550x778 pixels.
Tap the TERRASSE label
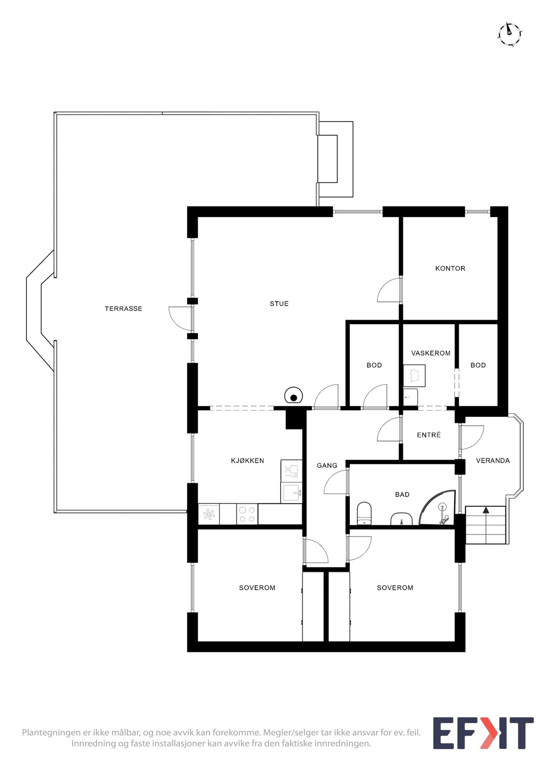pyautogui.click(x=123, y=309)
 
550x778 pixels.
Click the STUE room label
pyautogui.click(x=279, y=304)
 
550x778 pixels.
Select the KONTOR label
pyautogui.click(x=450, y=268)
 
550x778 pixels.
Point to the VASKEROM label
pyautogui.click(x=431, y=353)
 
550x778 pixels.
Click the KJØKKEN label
pyautogui.click(x=247, y=461)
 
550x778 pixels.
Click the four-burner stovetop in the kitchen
pyautogui.click(x=247, y=514)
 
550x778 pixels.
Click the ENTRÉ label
pyautogui.click(x=429, y=435)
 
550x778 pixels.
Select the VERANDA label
pyautogui.click(x=493, y=461)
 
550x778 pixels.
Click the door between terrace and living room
pyautogui.click(x=181, y=319)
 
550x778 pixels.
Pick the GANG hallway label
pyautogui.click(x=327, y=466)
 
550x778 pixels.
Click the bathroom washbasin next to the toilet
pyautogui.click(x=401, y=519)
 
